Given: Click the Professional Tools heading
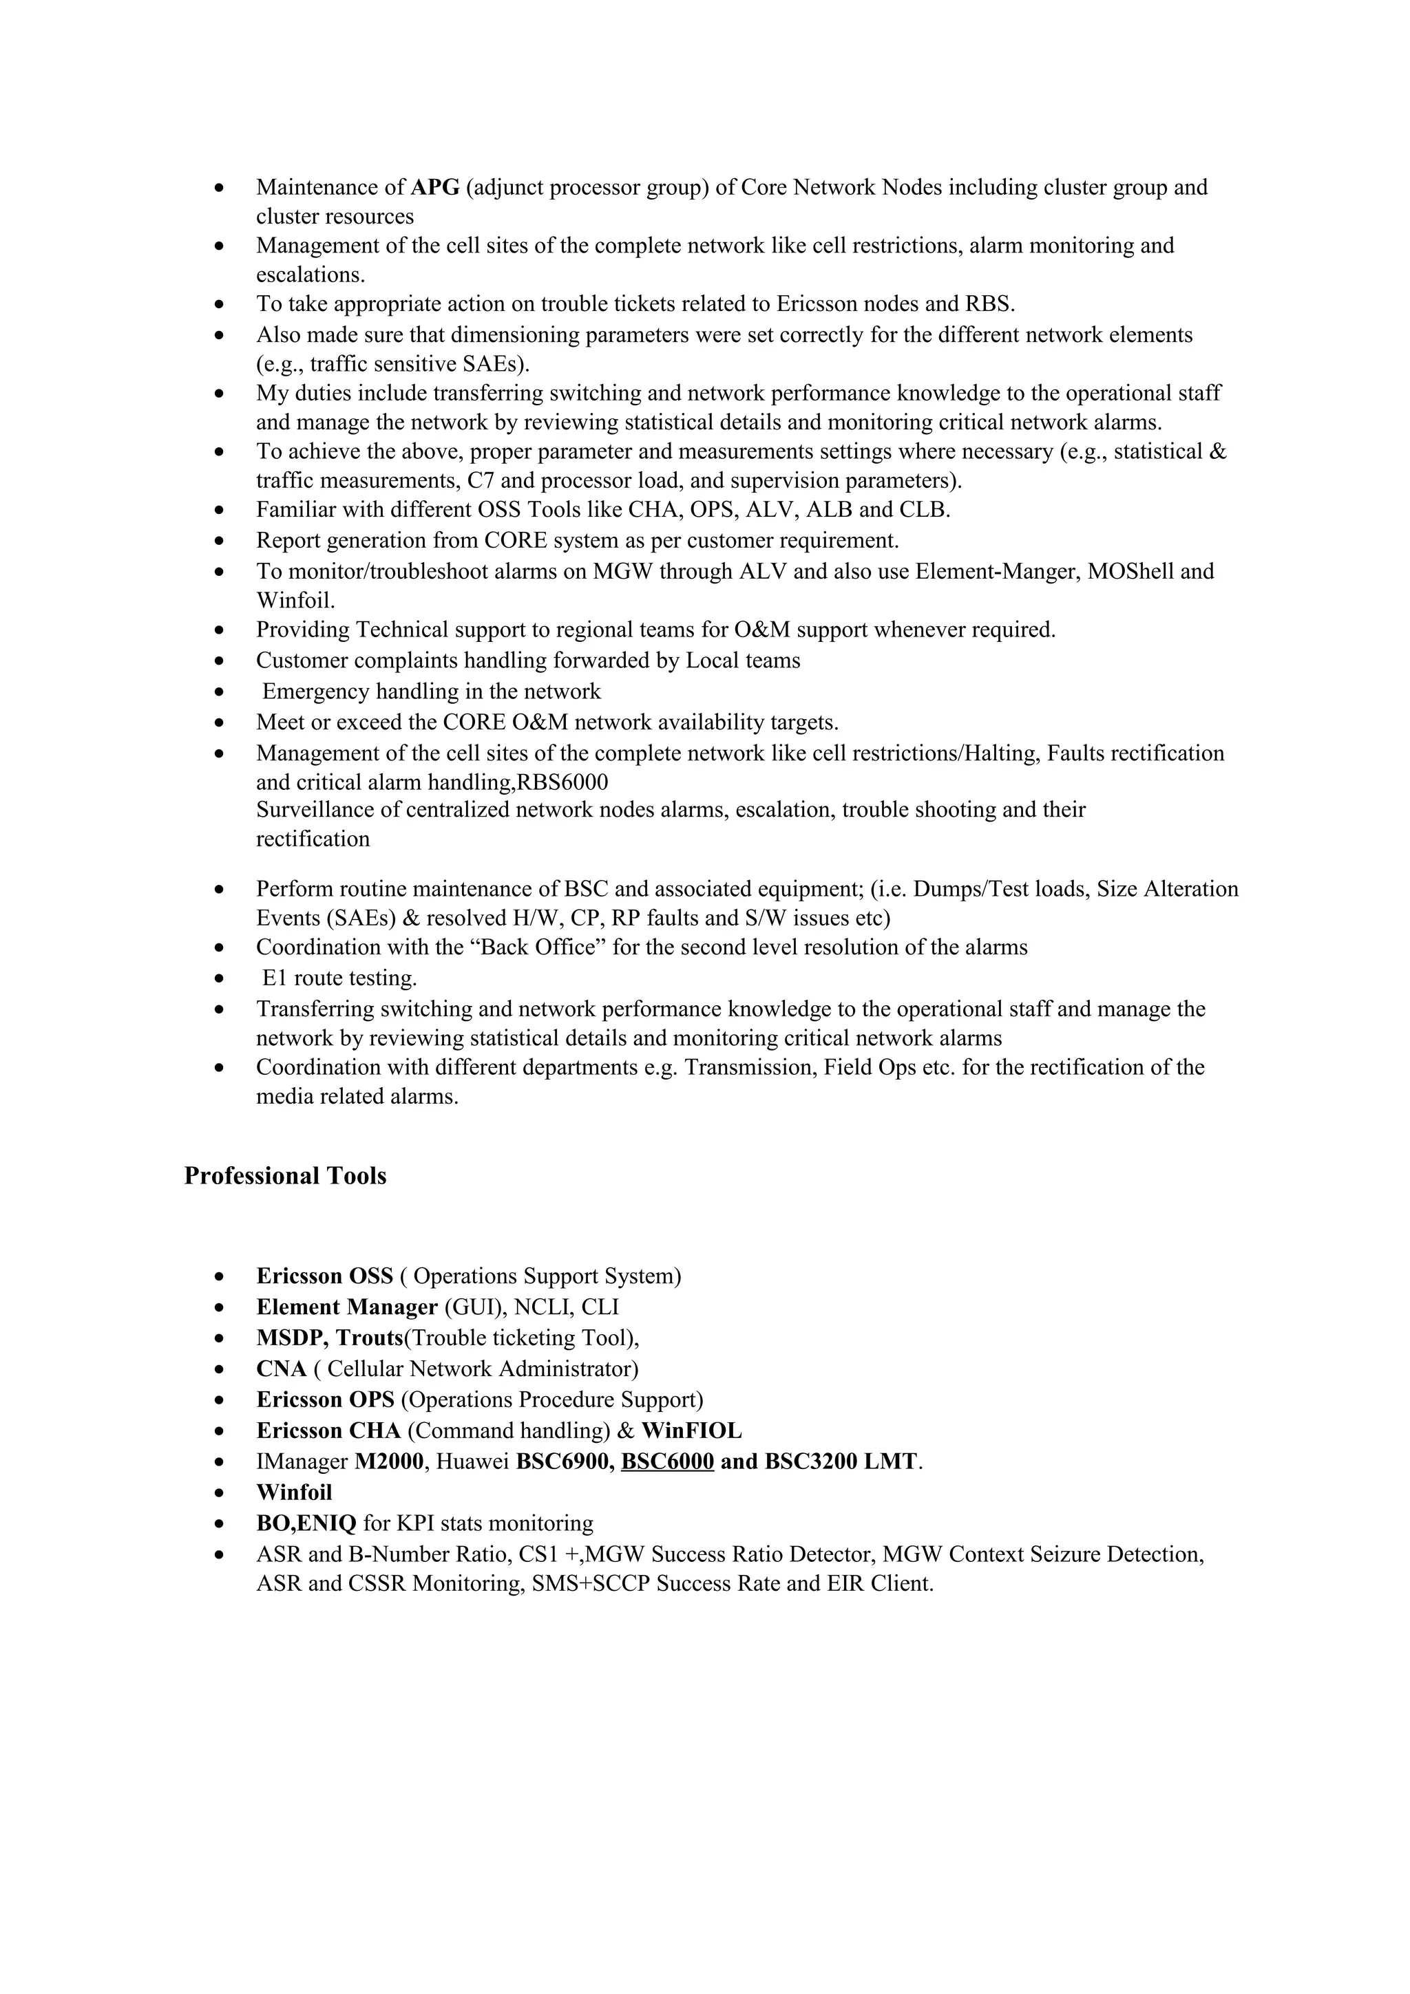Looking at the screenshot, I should coord(285,1176).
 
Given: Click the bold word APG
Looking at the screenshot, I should coord(434,188).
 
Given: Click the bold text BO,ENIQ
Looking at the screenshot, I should coord(306,1523).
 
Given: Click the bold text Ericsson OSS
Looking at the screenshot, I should coord(324,1276).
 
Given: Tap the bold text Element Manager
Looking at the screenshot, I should coord(346,1307).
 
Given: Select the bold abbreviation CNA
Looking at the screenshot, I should coord(282,1369).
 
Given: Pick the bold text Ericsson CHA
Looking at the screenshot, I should coord(328,1430).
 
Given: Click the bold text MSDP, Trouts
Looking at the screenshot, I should coord(330,1338).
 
